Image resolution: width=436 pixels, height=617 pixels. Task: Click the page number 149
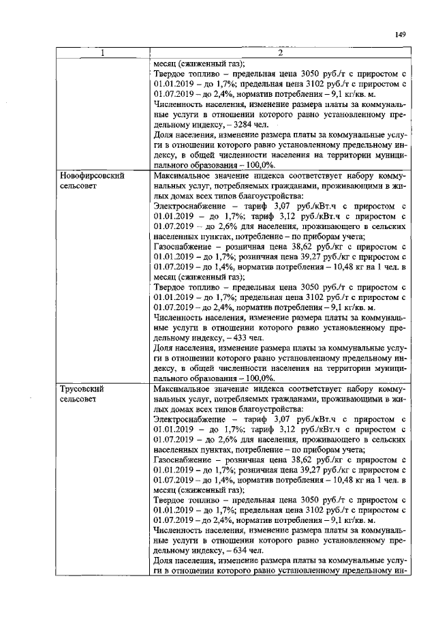click(x=400, y=35)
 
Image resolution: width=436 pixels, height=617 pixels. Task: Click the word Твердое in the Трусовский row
click(x=170, y=499)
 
